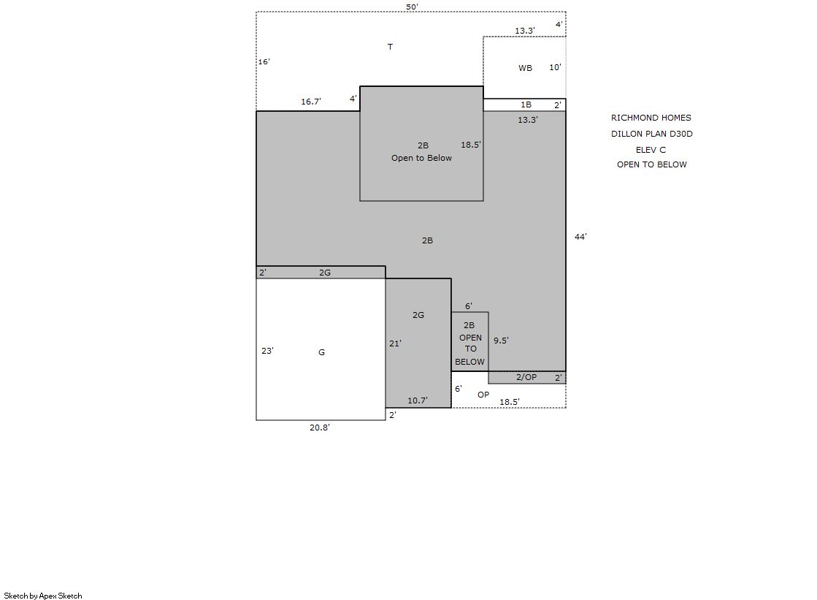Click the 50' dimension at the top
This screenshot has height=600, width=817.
pos(412,7)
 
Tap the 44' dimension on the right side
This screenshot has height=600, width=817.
pos(580,237)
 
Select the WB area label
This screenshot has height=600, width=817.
pos(525,68)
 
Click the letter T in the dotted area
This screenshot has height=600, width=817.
pos(391,47)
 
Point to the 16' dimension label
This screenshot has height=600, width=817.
pos(264,61)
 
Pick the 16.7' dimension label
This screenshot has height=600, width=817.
pos(311,102)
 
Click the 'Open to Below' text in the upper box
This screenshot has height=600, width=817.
pos(421,158)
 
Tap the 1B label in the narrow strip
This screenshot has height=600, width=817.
pos(526,105)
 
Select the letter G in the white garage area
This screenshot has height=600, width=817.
pos(321,353)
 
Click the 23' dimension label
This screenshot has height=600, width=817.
pos(267,351)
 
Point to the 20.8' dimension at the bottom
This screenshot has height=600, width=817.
pos(319,428)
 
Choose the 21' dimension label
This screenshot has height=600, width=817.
pos(395,343)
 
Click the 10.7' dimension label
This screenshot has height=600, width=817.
pos(418,400)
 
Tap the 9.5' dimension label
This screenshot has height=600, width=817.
pos(502,341)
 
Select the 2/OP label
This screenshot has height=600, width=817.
pos(526,377)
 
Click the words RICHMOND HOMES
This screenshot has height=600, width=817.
pos(651,118)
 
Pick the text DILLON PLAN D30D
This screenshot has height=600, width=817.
pos(652,134)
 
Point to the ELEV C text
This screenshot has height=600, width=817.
pos(651,150)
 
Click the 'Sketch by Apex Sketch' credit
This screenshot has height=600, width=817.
pos(43,596)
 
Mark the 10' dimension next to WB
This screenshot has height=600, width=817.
pos(556,67)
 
